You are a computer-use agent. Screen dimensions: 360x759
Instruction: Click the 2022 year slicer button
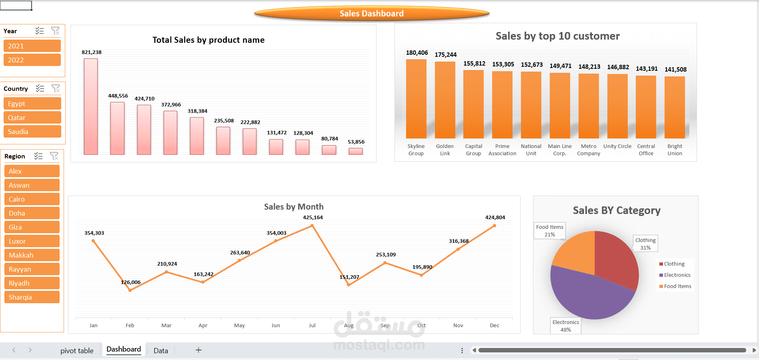[x=32, y=60]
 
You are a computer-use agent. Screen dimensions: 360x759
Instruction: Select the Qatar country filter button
[x=32, y=118]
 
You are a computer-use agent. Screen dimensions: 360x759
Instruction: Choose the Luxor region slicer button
[x=32, y=241]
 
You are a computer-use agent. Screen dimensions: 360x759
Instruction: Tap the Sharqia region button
[x=32, y=297]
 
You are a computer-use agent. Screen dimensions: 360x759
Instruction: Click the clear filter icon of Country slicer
[x=56, y=88]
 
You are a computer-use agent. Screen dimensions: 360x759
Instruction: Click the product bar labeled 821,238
[x=91, y=107]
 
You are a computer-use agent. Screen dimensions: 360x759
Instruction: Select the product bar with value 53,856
[x=355, y=151]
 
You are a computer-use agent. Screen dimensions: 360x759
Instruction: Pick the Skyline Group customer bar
[x=416, y=99]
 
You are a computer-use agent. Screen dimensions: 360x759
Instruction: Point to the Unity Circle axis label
[x=617, y=146]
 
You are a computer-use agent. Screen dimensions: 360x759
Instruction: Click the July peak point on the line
[x=312, y=226]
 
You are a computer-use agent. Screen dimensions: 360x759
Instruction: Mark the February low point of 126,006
[x=130, y=290]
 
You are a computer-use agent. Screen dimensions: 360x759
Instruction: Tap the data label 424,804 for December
[x=495, y=218]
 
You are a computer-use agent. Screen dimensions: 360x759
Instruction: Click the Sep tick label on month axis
[x=385, y=325]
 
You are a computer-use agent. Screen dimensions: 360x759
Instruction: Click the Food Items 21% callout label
[x=550, y=230]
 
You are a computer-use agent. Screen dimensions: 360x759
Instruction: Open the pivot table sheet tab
[x=77, y=351]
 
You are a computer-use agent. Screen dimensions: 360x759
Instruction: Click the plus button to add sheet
[x=198, y=350]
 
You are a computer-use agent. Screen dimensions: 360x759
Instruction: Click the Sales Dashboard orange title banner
[x=372, y=14]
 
